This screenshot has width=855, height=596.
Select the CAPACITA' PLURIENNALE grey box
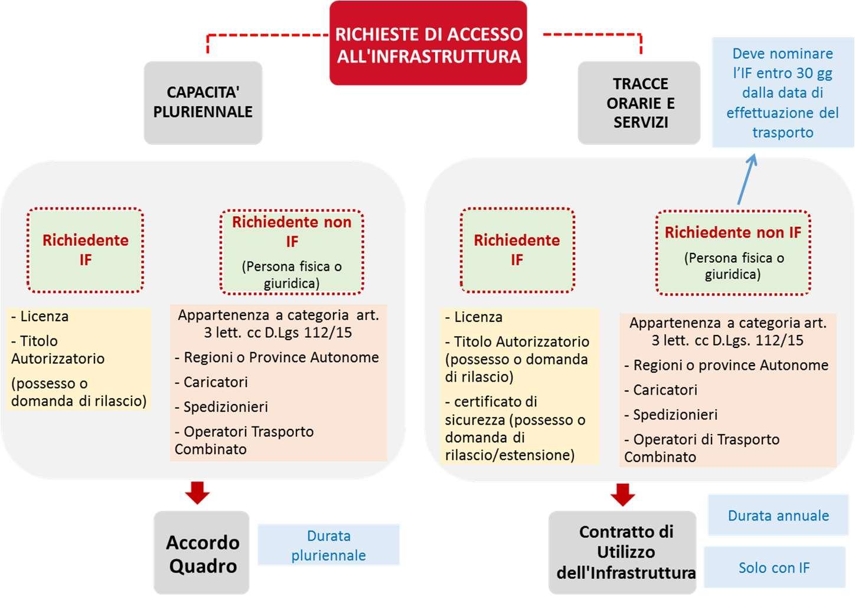click(x=203, y=102)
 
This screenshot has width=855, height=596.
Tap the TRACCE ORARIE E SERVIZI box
click(x=639, y=103)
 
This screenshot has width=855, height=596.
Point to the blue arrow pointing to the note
click(x=746, y=180)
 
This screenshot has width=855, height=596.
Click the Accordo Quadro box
click(x=202, y=553)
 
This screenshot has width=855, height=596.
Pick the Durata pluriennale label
click(x=328, y=545)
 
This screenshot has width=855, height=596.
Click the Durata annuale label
click(x=778, y=516)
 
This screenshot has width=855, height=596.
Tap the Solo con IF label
click(x=774, y=568)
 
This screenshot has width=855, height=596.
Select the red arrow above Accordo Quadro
click(x=197, y=492)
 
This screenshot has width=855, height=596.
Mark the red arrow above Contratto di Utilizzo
click(x=622, y=494)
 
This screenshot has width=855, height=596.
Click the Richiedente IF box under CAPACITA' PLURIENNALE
click(x=85, y=250)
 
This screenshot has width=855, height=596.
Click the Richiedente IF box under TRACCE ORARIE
click(x=517, y=250)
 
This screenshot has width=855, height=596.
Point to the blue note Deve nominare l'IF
click(x=782, y=93)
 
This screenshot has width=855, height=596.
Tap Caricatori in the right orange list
click(x=665, y=390)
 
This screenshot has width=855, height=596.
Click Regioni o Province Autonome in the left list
click(x=281, y=357)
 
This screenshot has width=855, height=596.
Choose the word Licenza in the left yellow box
click(x=44, y=317)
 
